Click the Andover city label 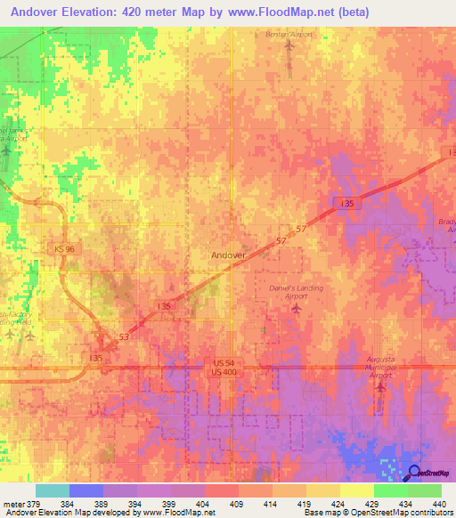coord(228,255)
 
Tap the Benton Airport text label coord(287,35)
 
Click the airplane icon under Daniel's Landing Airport coord(297,309)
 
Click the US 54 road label coord(224,363)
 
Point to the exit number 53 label coord(123,337)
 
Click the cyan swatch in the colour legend coord(52,490)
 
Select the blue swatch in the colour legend coord(85,490)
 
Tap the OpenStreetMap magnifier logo coord(415,473)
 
